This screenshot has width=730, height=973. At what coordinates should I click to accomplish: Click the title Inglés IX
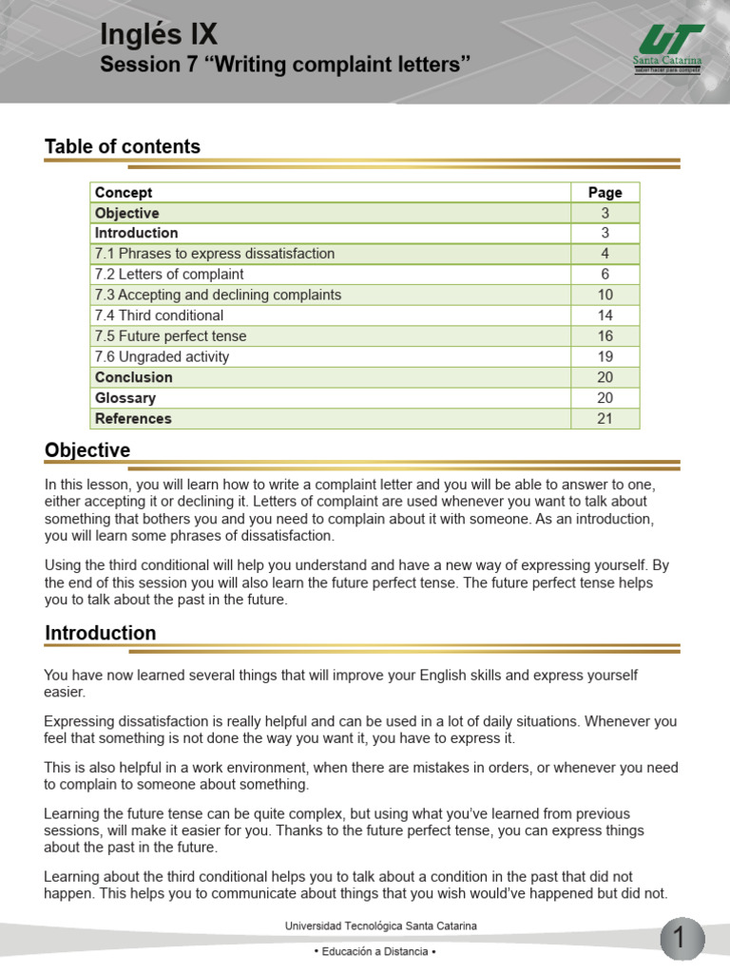pyautogui.click(x=159, y=36)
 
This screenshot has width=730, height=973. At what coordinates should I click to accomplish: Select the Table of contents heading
pyautogui.click(x=123, y=146)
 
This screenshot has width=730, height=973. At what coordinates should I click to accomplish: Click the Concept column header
pyautogui.click(x=124, y=192)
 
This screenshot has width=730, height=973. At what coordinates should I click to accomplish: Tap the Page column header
pyautogui.click(x=605, y=192)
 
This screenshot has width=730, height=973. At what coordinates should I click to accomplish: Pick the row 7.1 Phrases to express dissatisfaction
pyautogui.click(x=215, y=254)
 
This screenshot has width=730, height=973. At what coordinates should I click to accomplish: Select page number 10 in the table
pyautogui.click(x=605, y=295)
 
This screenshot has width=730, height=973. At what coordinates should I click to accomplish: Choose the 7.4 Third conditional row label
pyautogui.click(x=160, y=315)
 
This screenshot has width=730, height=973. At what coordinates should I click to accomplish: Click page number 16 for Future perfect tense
pyautogui.click(x=605, y=336)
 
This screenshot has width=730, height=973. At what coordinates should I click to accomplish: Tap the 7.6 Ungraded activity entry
pyautogui.click(x=162, y=357)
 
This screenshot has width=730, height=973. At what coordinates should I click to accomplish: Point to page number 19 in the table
pyautogui.click(x=605, y=357)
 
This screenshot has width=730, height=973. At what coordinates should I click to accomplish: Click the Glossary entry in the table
pyautogui.click(x=125, y=398)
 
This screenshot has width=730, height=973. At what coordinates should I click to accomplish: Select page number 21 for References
pyautogui.click(x=605, y=419)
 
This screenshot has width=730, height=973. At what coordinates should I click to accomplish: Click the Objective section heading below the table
pyautogui.click(x=87, y=450)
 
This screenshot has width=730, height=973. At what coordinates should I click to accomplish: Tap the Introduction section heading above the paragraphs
pyautogui.click(x=101, y=633)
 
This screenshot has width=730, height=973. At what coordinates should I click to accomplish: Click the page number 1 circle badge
pyautogui.click(x=681, y=939)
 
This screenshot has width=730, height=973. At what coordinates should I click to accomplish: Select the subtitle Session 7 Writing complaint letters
pyautogui.click(x=285, y=66)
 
